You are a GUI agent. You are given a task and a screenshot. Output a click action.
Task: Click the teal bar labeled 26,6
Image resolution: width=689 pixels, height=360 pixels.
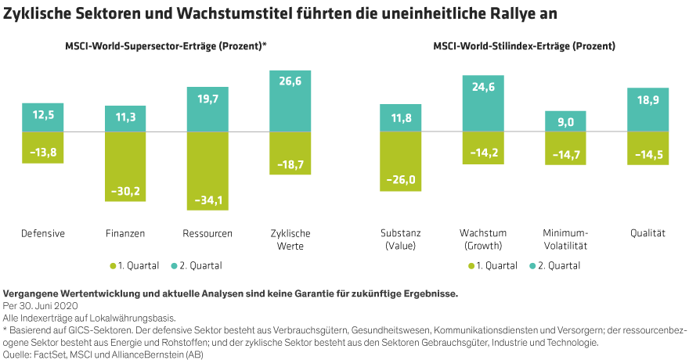point(290,101)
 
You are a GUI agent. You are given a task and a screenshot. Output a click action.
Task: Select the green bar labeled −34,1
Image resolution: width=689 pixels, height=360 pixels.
point(207,171)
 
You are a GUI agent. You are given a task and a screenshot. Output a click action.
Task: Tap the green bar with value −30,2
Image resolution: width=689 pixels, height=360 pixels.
point(125,167)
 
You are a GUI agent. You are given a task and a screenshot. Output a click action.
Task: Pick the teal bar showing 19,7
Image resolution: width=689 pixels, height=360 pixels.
point(207,109)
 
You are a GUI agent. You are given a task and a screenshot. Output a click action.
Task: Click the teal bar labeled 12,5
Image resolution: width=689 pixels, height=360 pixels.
point(43,117)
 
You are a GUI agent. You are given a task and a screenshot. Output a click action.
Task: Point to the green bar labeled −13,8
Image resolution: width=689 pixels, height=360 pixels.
point(43,147)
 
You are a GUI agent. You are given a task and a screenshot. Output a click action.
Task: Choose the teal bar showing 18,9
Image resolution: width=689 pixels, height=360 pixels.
point(648,109)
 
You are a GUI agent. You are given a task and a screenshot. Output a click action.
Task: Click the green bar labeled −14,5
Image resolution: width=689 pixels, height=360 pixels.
point(648,148)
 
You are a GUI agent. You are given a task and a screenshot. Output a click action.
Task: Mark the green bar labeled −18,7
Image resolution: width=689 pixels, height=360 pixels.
point(290,153)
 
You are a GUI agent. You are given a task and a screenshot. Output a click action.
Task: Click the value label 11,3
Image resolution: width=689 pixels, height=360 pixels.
point(125,118)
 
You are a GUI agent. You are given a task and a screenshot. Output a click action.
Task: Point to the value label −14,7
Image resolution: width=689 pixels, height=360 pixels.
point(565,156)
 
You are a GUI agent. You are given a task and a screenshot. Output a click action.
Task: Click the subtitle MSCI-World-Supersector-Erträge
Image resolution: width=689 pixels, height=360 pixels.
point(165,47)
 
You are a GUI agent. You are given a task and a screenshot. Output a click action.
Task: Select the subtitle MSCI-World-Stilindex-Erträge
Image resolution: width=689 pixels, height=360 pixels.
point(524,47)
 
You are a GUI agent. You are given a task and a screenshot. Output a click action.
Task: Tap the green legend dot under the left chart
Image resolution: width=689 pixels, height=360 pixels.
point(114,266)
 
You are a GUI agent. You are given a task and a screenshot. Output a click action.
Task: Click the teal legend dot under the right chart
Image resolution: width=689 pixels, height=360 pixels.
point(533,266)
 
